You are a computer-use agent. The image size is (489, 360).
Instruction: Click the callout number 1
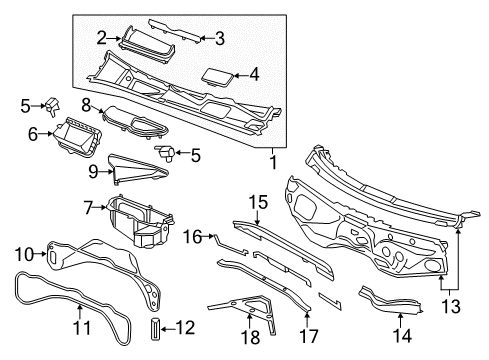pyautogui.click(x=273, y=162)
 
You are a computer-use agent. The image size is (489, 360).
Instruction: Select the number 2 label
pyautogui.click(x=102, y=38)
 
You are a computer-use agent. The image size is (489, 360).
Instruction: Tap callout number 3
pyautogui.click(x=220, y=38)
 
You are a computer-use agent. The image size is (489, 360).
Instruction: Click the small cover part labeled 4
pyautogui.click(x=217, y=78)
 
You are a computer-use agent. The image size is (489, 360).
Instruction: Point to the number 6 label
pyautogui.click(x=33, y=134)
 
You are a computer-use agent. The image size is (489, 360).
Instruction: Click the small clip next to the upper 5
pyautogui.click(x=52, y=107)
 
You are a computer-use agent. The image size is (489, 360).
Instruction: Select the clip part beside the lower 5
pyautogui.click(x=165, y=152)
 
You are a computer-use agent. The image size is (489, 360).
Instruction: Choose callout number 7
pyautogui.click(x=88, y=207)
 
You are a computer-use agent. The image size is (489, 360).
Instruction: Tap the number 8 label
pyautogui.click(x=86, y=106)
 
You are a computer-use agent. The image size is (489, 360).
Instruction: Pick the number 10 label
pyautogui.click(x=24, y=255)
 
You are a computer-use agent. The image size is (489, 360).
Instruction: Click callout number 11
pyautogui.click(x=81, y=328)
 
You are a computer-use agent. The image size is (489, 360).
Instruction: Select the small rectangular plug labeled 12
pyautogui.click(x=156, y=329)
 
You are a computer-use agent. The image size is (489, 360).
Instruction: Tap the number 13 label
pyautogui.click(x=451, y=306)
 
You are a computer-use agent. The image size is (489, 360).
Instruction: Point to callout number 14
pyautogui.click(x=403, y=336)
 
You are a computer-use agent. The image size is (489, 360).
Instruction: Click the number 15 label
pyautogui.click(x=258, y=202)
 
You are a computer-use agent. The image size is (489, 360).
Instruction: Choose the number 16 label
pyautogui.click(x=193, y=237)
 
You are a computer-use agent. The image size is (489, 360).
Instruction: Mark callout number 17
pyautogui.click(x=309, y=336)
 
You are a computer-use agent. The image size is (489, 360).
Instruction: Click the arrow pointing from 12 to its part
pyautogui.click(x=168, y=329)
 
